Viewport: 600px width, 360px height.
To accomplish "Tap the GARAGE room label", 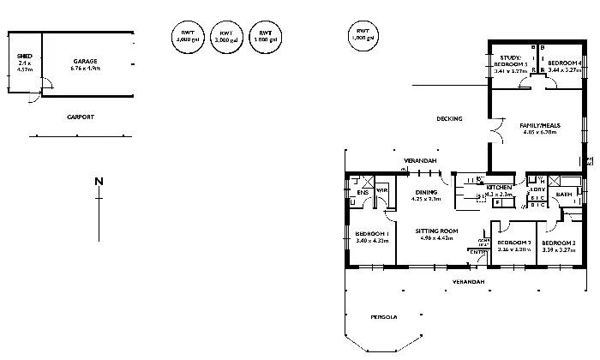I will (85, 61).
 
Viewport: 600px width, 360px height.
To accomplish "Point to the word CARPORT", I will (81, 117).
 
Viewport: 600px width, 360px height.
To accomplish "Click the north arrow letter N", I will (99, 181).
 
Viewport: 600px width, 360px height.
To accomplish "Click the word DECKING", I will (449, 118).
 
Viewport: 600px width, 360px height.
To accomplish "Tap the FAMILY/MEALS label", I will (540, 125).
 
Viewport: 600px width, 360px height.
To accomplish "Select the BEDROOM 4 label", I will (565, 63).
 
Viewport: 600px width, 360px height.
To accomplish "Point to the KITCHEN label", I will (499, 186).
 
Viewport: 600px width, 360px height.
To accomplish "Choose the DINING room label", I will (425, 192).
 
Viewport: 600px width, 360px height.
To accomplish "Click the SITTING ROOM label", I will (437, 231).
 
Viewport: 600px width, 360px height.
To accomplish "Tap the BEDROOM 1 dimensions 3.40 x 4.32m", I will (372, 241).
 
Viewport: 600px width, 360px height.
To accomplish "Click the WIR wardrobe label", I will (382, 190).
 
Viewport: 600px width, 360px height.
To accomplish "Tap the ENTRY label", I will (476, 251).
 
